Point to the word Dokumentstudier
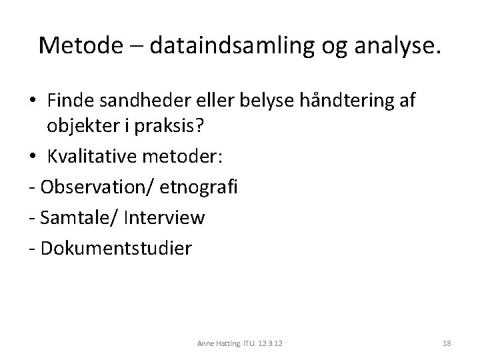click(x=116, y=248)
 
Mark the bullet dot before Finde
click(x=31, y=102)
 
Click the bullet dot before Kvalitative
click(x=31, y=157)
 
